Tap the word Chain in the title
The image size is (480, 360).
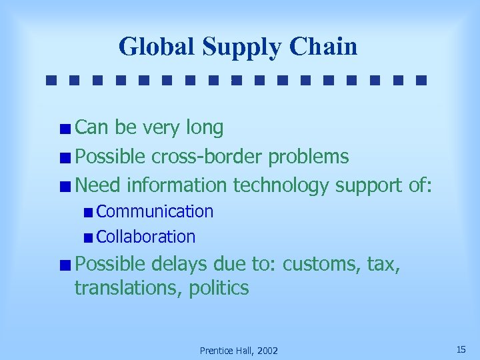pyautogui.click(x=324, y=47)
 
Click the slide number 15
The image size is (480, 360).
pyautogui.click(x=461, y=349)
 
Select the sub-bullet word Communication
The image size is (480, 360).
pyautogui.click(x=155, y=211)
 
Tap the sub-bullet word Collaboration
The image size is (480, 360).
pyautogui.click(x=146, y=237)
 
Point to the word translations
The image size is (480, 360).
pyautogui.click(x=129, y=289)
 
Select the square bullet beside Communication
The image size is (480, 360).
pyautogui.click(x=89, y=213)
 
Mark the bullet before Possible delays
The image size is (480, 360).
pyautogui.click(x=65, y=265)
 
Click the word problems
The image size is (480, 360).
pyautogui.click(x=308, y=157)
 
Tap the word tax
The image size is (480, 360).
pyautogui.click(x=382, y=264)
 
